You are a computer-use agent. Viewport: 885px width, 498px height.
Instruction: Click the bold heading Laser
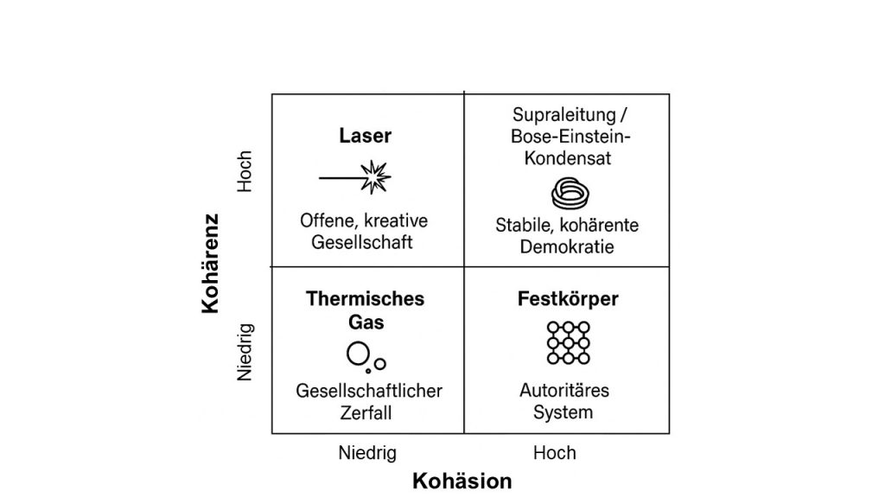[365, 137]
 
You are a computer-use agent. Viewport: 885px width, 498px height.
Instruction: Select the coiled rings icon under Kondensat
[567, 195]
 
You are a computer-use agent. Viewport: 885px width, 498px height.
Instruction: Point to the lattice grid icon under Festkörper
[568, 342]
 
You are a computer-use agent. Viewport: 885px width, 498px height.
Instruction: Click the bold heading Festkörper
[568, 299]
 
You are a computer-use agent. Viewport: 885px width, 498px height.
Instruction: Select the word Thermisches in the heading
[365, 299]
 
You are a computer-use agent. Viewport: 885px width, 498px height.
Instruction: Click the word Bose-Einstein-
[566, 137]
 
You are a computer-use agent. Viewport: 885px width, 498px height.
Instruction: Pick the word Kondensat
[566, 158]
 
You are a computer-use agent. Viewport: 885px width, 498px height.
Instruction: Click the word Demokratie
[567, 247]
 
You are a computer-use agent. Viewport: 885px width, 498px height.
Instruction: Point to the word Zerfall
[366, 412]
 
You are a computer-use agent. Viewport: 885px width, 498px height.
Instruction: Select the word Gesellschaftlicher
[369, 391]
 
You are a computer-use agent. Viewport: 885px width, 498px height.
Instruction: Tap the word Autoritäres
[563, 391]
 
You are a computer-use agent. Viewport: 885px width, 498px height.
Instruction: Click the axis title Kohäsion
[462, 481]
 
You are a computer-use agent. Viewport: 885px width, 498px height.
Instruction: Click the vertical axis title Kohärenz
[211, 263]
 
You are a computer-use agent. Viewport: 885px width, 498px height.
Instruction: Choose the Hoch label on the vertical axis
[245, 171]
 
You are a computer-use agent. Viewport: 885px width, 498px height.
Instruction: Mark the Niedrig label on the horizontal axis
[367, 453]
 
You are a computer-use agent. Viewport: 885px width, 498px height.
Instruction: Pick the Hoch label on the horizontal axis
[555, 453]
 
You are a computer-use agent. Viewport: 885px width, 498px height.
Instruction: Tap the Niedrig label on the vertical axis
[245, 352]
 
